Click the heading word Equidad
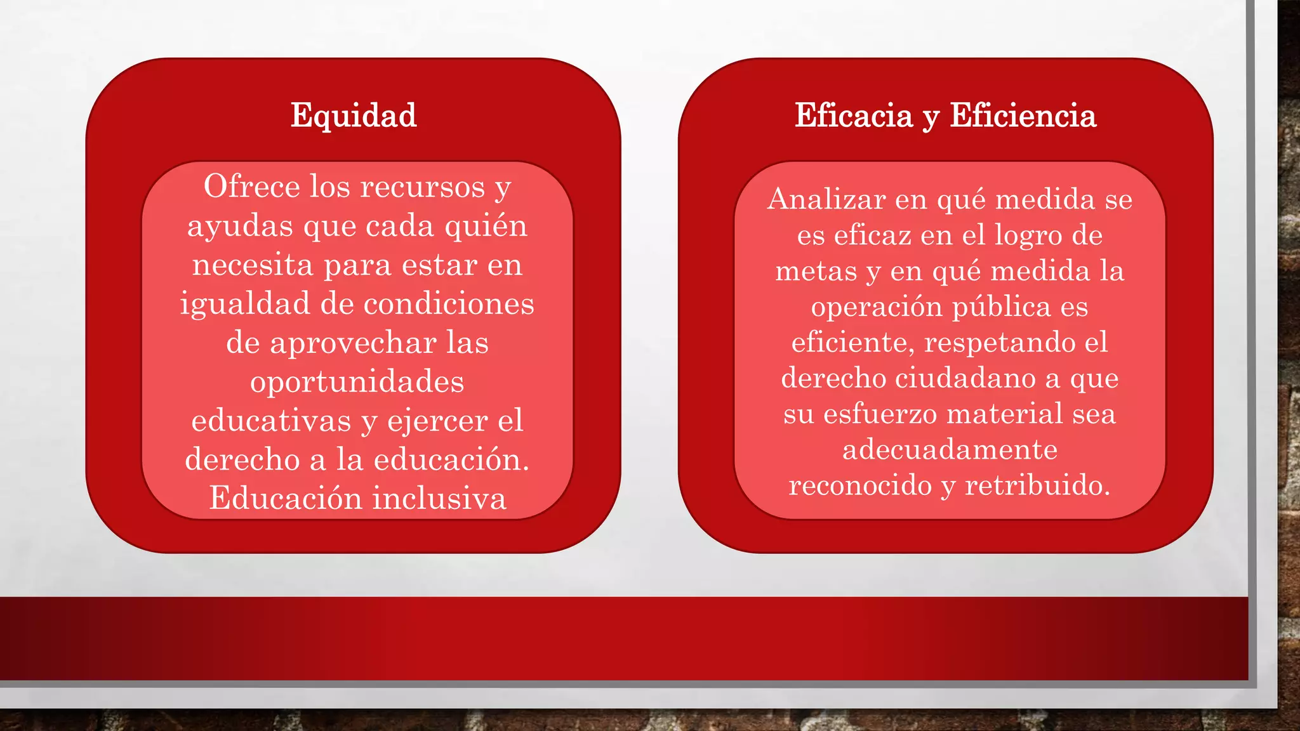pos(354,115)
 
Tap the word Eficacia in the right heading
pos(853,115)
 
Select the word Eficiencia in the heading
pos(1023,115)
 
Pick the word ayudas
pos(240,227)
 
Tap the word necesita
pos(253,265)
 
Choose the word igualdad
pos(244,304)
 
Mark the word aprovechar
pos(353,343)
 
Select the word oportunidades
pos(357,382)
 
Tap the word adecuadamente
pos(950,450)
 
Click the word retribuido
pos(1037,485)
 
